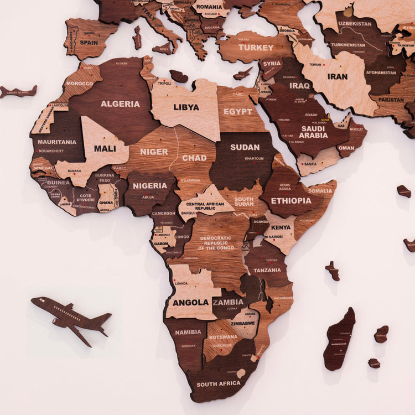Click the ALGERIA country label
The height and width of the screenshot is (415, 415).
(120, 103)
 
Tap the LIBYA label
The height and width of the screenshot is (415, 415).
(186, 107)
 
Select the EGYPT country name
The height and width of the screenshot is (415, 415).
(238, 111)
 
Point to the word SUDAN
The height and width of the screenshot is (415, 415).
(245, 147)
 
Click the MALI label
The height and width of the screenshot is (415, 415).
(105, 148)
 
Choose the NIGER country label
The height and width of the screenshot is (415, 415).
(154, 152)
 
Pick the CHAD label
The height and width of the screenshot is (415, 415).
(194, 158)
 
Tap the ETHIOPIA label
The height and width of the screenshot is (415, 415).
(291, 201)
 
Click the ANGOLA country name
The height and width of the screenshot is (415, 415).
(190, 303)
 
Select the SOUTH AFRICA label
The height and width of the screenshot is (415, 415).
(218, 384)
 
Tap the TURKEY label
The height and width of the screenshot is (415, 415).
(256, 48)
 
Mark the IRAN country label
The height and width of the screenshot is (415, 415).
(338, 76)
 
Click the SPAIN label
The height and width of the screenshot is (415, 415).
(89, 42)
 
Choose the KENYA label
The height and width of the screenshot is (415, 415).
(281, 227)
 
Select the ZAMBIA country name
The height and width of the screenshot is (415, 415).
(229, 302)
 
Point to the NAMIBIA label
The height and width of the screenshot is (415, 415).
(188, 333)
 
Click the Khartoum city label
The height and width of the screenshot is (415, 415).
(254, 158)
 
